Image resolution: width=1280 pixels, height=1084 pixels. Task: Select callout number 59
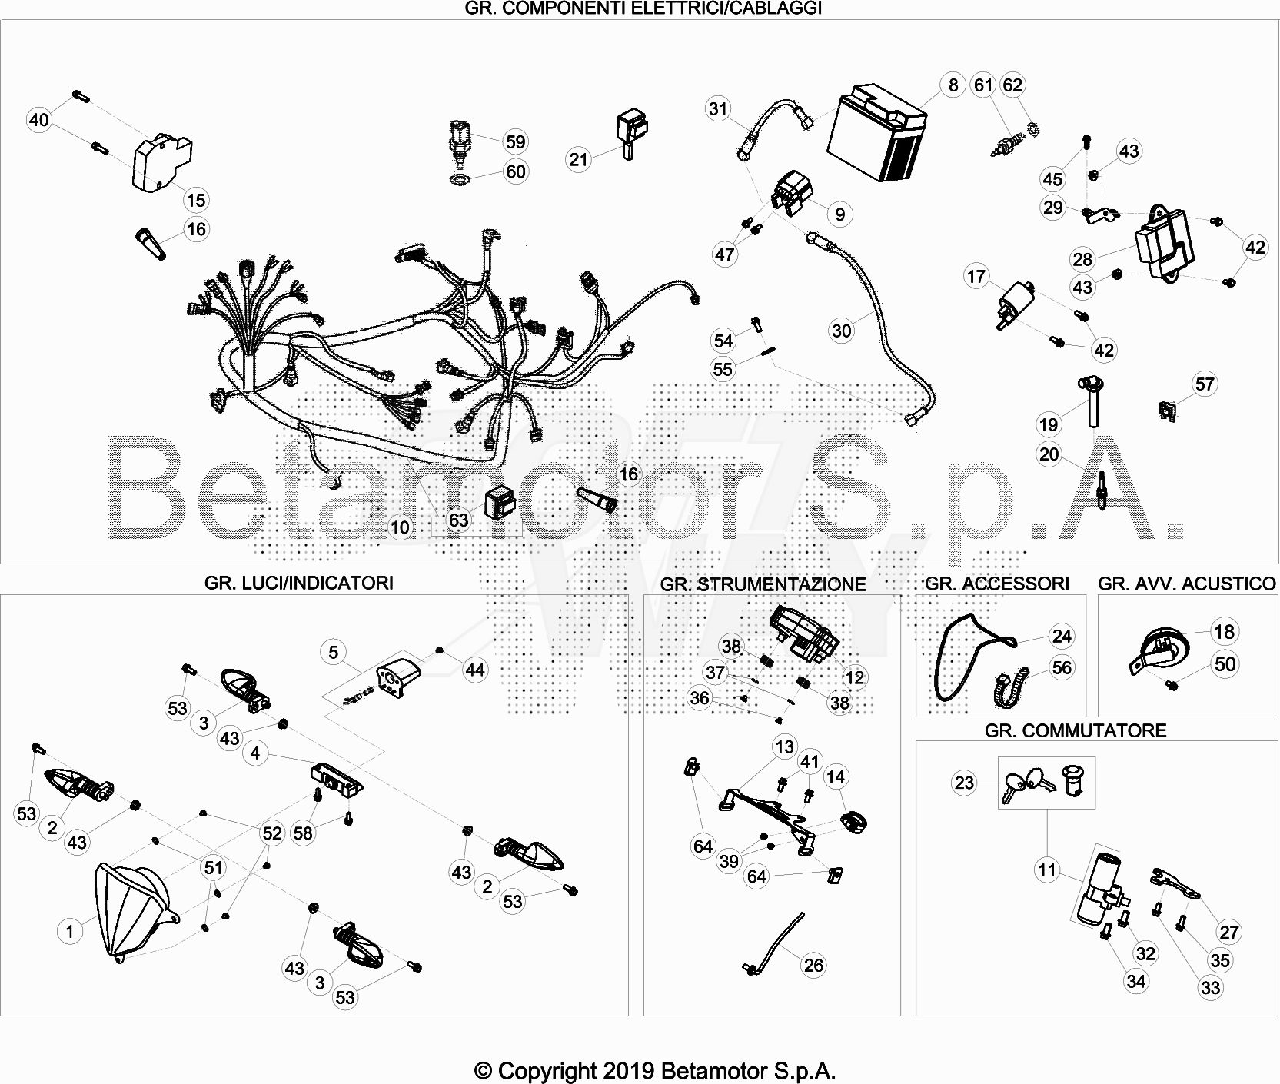[515, 141]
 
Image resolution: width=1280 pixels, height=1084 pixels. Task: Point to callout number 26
[813, 965]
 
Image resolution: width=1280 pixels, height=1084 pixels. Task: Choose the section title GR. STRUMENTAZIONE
[763, 584]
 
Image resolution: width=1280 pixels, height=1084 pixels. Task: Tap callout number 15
[196, 200]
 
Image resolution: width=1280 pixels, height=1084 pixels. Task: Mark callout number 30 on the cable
[842, 331]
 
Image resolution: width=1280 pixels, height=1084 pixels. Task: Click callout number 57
[1205, 384]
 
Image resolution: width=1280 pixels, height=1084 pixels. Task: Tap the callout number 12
[855, 677]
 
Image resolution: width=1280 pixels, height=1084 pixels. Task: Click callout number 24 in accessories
[1062, 636]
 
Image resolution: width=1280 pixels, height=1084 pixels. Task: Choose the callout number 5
[333, 652]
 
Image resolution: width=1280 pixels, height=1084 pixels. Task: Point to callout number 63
[458, 520]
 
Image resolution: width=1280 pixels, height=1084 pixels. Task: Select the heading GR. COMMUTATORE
[1076, 730]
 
